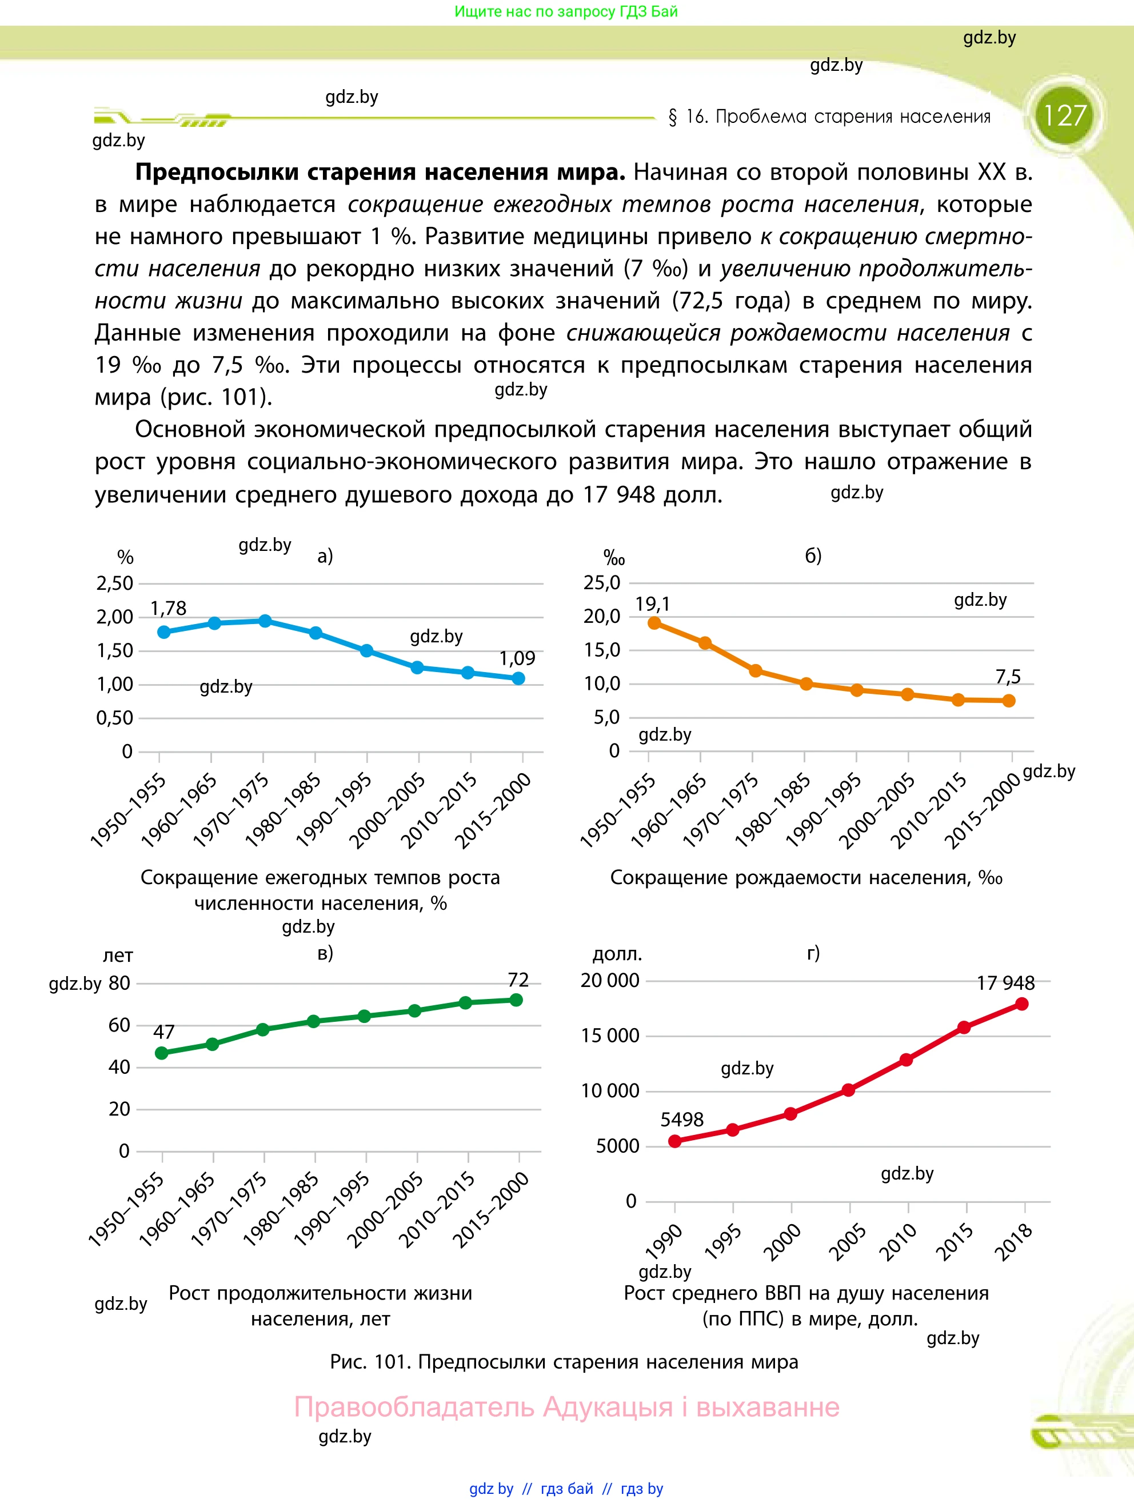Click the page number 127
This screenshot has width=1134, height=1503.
(1064, 115)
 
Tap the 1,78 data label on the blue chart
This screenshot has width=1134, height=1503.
(168, 608)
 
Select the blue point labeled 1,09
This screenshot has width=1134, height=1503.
(518, 678)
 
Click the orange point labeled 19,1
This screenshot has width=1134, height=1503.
(654, 623)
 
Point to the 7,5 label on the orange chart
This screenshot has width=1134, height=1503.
(1008, 677)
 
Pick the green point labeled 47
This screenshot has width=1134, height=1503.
(162, 1053)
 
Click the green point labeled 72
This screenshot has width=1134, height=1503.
(516, 1000)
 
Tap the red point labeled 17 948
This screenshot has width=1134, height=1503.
(1021, 1004)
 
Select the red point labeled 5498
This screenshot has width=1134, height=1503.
(674, 1141)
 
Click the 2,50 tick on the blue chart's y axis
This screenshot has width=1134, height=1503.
(115, 583)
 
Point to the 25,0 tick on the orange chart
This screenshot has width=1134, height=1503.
(602, 582)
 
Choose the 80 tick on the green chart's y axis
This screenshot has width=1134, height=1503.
(119, 983)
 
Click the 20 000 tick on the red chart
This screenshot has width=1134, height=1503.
(609, 981)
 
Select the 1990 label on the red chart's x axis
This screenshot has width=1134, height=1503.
(664, 1242)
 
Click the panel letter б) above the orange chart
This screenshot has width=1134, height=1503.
(813, 556)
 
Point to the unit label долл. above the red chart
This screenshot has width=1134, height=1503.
(617, 954)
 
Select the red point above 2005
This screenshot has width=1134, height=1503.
(849, 1090)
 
